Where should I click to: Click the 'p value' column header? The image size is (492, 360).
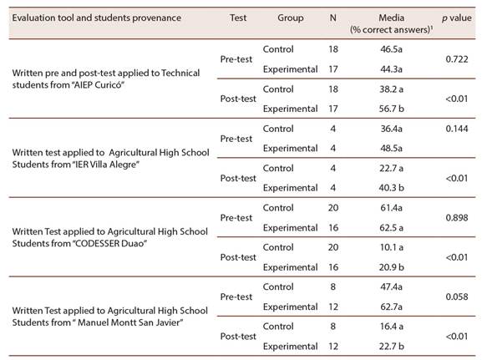tap(457, 18)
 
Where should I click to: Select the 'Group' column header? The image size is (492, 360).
tap(290, 18)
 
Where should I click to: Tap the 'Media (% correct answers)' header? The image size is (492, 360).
tap(391, 23)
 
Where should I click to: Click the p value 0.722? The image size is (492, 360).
tap(457, 59)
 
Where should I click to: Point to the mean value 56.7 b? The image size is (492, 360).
tap(391, 109)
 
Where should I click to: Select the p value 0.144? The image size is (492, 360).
tap(457, 129)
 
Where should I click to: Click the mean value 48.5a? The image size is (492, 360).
tap(391, 148)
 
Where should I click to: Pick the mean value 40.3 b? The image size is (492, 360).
tap(391, 188)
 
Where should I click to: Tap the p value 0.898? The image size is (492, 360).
tap(457, 217)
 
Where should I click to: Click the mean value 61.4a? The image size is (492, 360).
tap(391, 208)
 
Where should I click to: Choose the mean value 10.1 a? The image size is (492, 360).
tap(391, 247)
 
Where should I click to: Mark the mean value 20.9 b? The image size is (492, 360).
tap(391, 267)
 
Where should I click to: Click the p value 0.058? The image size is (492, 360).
tap(457, 297)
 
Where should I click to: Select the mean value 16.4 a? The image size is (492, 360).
tap(391, 327)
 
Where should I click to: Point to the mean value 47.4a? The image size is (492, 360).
tap(391, 286)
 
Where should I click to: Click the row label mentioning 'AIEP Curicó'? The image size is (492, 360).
tap(106, 79)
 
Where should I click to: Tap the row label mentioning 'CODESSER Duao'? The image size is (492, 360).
tap(109, 237)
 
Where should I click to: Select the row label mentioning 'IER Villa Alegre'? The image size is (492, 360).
tap(110, 158)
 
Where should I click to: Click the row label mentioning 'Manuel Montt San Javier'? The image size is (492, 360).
tap(109, 317)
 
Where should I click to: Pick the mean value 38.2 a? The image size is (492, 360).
tap(391, 89)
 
